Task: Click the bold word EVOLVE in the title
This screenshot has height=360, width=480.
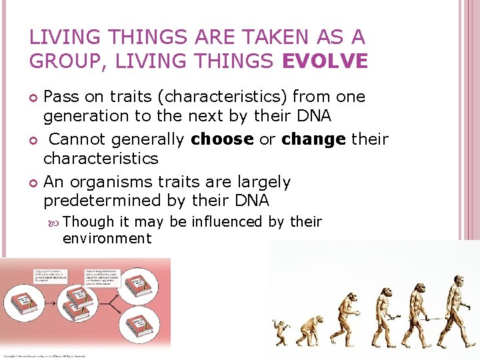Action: tap(325, 61)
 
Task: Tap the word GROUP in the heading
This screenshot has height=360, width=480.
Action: tap(61, 61)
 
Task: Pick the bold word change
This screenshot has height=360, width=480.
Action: tap(311, 139)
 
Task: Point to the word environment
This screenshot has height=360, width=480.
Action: tap(107, 238)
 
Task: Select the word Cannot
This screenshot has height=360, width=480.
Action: tap(79, 139)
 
